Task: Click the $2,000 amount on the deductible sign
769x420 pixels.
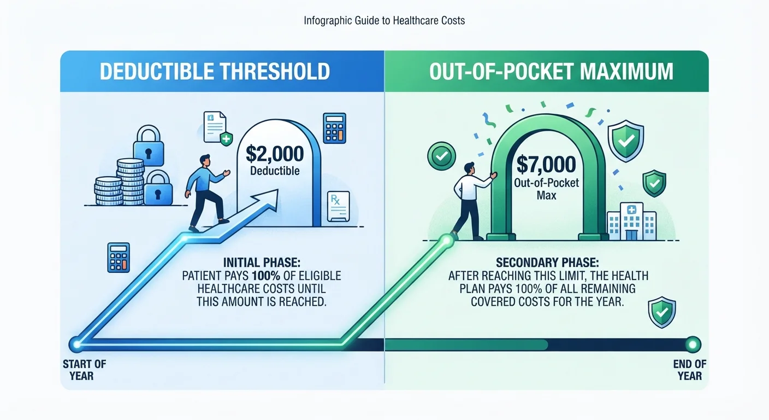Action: [275, 154]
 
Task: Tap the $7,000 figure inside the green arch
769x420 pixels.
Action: [546, 164]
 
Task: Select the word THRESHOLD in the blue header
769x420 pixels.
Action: [275, 71]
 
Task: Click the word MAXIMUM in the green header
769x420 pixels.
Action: [624, 71]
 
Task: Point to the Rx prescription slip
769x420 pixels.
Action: [339, 206]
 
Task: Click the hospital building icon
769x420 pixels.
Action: [631, 221]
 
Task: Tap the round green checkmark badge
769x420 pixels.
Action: [441, 156]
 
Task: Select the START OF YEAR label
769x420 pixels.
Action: [84, 370]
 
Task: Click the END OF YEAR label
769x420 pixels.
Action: [689, 370]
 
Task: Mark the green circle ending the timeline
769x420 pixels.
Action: [693, 345]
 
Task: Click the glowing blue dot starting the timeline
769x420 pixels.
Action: [76, 344]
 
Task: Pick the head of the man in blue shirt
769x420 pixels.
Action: [205, 160]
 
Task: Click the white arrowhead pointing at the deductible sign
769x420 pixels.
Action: [267, 200]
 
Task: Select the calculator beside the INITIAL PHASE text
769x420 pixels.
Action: [119, 258]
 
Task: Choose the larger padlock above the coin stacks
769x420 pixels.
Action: [149, 145]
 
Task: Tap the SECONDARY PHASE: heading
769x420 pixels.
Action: [547, 262]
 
